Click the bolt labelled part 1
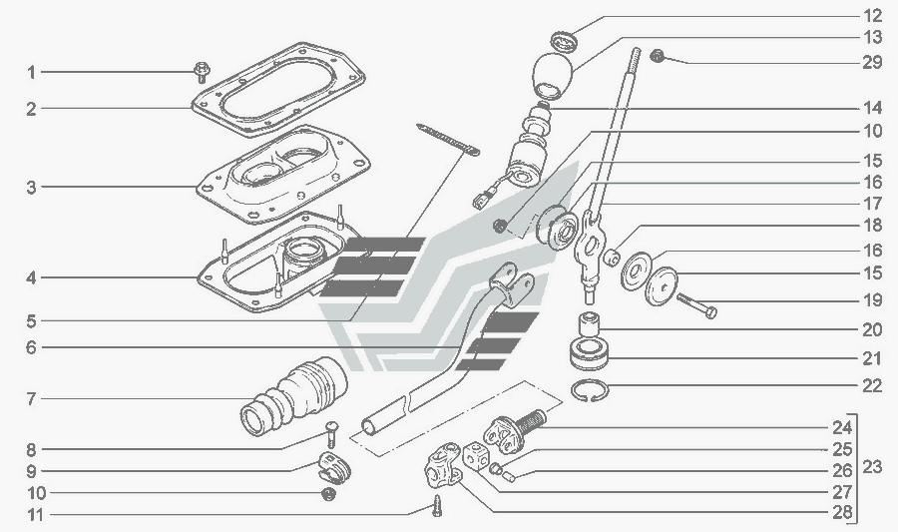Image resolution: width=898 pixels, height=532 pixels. (201, 72)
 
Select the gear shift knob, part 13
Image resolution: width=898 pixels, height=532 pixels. (553, 76)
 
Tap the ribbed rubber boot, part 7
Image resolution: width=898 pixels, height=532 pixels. (294, 396)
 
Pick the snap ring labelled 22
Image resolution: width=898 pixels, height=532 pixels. (591, 391)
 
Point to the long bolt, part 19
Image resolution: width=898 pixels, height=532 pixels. (697, 304)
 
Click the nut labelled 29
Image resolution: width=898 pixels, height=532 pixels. (658, 56)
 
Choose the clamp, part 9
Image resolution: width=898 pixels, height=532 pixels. (334, 467)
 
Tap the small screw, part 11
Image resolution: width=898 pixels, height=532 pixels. (437, 506)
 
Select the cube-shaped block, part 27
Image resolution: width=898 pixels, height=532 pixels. (476, 455)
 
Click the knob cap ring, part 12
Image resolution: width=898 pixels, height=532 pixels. (566, 42)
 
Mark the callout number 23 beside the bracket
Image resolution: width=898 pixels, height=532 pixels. (872, 467)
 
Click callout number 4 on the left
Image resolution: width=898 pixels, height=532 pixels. (31, 278)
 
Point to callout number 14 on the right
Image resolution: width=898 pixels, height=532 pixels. (872, 108)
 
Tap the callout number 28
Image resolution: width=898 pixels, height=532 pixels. (842, 512)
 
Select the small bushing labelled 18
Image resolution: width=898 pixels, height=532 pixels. (612, 258)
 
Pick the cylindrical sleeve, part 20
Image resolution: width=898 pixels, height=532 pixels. (589, 324)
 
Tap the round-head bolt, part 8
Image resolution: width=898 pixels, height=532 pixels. (331, 434)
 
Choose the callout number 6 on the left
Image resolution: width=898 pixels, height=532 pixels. (31, 347)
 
